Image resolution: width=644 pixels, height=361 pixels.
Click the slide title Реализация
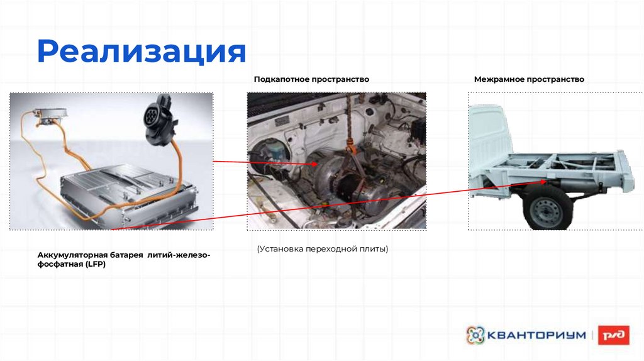click(142, 52)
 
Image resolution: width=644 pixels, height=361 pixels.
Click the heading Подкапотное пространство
click(311, 79)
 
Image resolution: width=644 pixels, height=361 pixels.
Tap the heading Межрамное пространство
click(529, 79)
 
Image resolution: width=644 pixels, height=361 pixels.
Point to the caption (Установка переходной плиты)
click(323, 249)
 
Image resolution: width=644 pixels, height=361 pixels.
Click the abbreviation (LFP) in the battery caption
click(96, 264)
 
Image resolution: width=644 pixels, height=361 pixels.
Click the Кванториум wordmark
click(536, 335)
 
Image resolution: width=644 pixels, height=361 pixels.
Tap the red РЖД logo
click(614, 335)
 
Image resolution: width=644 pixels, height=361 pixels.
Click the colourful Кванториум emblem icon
click(475, 335)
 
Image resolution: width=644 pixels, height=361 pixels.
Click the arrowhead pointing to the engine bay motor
click(315, 164)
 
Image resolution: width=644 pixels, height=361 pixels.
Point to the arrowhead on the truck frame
click(543, 181)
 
